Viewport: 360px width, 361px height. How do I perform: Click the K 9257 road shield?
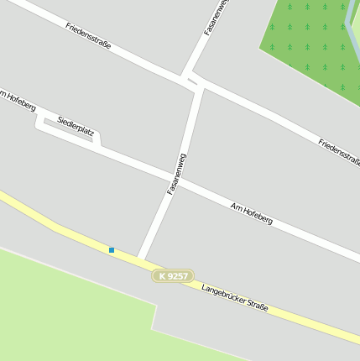click(173, 275)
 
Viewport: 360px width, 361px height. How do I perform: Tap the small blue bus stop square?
click(111, 249)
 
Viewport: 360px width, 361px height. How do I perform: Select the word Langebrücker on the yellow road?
click(222, 295)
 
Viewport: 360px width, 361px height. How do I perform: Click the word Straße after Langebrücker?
click(257, 308)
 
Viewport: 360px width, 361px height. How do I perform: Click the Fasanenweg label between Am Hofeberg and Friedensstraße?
click(175, 174)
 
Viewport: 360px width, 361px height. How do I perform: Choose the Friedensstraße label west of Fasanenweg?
click(88, 36)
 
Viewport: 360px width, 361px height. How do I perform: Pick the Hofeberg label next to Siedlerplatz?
click(18, 102)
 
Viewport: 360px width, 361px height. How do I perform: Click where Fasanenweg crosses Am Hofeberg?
click(172, 179)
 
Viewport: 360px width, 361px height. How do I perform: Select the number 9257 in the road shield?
click(178, 275)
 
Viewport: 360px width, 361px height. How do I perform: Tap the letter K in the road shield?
click(162, 275)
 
